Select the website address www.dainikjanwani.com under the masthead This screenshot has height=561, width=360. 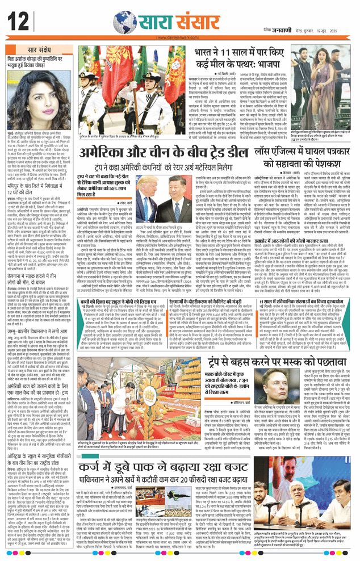pyautogui.click(x=180, y=38)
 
